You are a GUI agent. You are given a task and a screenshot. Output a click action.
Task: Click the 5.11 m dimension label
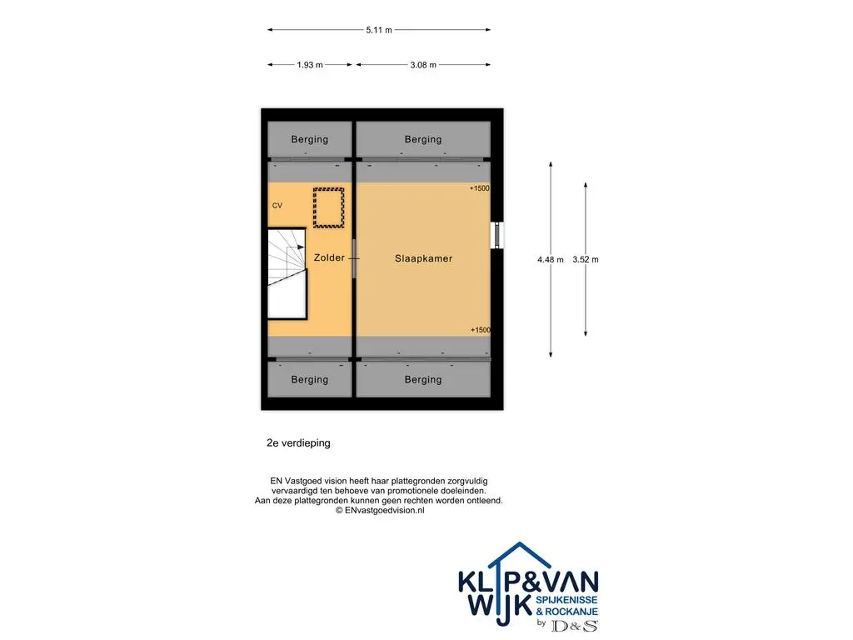coord(379,30)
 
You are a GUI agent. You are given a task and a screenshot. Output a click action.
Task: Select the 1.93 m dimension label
coord(310,65)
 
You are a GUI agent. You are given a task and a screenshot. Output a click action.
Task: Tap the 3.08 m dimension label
coord(422,65)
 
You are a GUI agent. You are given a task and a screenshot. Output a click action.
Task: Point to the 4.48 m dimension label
coord(551,260)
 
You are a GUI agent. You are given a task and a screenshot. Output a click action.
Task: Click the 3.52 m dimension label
coord(586,260)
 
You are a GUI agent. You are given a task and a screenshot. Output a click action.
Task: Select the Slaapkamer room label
coord(423,258)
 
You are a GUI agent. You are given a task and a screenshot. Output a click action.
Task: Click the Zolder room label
coord(329,257)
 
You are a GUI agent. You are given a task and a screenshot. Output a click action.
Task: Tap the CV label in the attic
coord(277,205)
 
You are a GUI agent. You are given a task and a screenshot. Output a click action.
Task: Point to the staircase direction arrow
coord(294,247)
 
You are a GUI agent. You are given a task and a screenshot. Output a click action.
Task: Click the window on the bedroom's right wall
coord(496,235)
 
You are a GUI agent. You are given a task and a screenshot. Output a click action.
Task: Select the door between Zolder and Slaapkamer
coord(353,258)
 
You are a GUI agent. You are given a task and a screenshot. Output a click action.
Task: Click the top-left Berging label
coord(310,139)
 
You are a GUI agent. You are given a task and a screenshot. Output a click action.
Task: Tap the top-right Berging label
coord(422,139)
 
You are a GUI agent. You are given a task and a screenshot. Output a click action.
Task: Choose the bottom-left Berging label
coord(310,379)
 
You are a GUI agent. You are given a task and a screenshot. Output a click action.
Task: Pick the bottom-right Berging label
coord(422,379)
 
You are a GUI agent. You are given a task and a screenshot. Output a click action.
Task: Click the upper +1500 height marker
coord(479,188)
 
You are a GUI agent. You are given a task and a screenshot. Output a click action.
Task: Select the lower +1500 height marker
coord(480,330)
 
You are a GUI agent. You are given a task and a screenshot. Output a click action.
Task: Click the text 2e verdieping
coord(298,443)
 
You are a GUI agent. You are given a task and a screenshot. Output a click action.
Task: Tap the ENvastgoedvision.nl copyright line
coord(380,511)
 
